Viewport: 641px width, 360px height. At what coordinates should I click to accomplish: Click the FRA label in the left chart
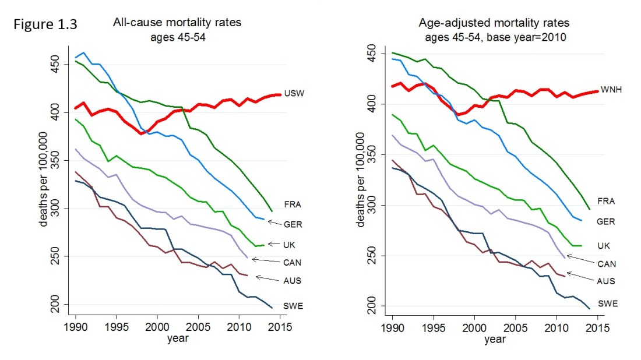292,205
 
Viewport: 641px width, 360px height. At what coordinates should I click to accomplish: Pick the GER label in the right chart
607,221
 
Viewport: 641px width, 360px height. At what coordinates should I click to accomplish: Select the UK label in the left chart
289,244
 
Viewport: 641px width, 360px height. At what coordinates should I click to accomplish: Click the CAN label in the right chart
607,264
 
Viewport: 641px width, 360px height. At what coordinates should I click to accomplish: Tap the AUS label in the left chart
292,281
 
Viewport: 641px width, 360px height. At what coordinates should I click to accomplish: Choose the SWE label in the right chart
607,303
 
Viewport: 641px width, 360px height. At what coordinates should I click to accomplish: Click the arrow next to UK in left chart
273,244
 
